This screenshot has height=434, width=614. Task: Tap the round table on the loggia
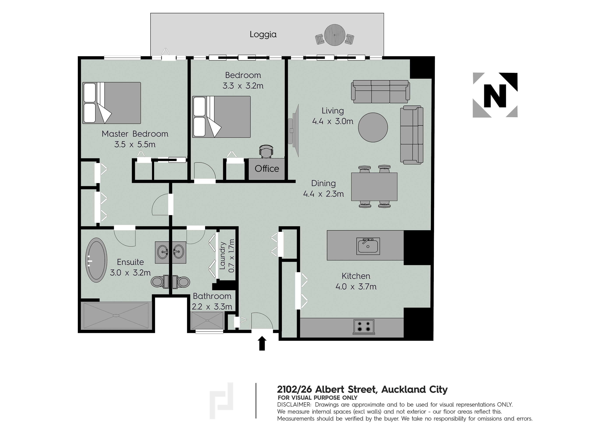click(335, 35)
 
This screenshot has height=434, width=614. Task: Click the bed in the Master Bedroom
click(111, 103)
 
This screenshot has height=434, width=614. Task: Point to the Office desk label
click(267, 169)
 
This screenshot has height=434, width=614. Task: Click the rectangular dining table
click(374, 187)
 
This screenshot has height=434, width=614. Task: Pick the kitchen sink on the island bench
click(368, 246)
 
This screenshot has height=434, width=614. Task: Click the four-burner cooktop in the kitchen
click(364, 327)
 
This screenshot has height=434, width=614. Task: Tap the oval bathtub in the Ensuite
click(96, 260)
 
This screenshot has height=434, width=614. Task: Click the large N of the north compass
click(495, 96)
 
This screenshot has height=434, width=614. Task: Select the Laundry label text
click(223, 255)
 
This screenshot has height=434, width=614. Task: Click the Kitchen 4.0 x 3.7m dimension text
click(356, 287)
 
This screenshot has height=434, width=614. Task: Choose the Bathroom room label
click(212, 296)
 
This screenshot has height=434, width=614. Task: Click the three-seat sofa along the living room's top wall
click(380, 92)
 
